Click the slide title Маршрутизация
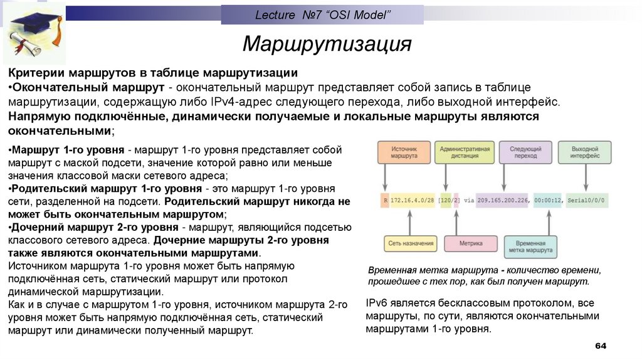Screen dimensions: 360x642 point(327,44)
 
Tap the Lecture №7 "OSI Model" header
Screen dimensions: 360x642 point(322,14)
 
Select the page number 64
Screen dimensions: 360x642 point(601,346)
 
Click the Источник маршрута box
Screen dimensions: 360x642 point(404,152)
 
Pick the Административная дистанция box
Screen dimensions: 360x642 point(465,152)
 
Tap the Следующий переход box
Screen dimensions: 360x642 point(525,152)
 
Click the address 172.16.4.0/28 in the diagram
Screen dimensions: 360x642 point(413,199)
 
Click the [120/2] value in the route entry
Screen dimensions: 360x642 point(449,199)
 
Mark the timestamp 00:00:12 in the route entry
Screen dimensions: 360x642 point(549,199)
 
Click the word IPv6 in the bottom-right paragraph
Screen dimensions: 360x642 point(377,303)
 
